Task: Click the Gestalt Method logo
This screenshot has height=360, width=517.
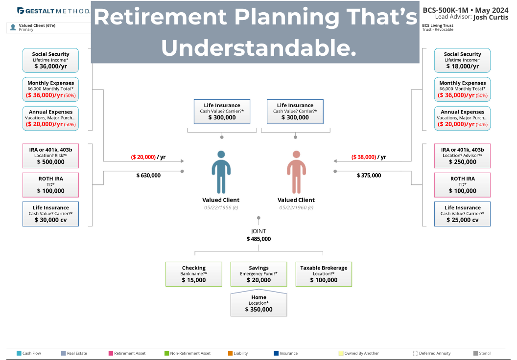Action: pyautogui.click(x=53, y=11)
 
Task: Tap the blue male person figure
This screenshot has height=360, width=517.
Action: pyautogui.click(x=221, y=172)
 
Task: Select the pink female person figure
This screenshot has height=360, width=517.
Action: pyautogui.click(x=296, y=172)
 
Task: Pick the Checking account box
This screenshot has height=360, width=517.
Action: pyautogui.click(x=194, y=274)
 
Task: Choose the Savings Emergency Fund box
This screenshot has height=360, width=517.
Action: pyautogui.click(x=258, y=274)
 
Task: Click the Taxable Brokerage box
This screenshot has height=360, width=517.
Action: pyautogui.click(x=324, y=274)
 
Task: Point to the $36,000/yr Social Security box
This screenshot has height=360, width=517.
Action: pyautogui.click(x=50, y=60)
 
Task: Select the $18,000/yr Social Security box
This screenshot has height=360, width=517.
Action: pyautogui.click(x=462, y=60)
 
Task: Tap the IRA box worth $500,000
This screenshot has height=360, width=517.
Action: pyautogui.click(x=50, y=156)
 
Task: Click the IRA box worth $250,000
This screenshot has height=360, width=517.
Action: pyautogui.click(x=462, y=156)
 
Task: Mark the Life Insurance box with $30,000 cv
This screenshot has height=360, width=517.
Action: pyautogui.click(x=50, y=214)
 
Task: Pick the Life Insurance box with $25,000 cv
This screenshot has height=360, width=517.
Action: pyautogui.click(x=462, y=214)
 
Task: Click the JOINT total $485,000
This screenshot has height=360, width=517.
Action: pyautogui.click(x=258, y=239)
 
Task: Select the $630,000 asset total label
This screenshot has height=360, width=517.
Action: pyautogui.click(x=148, y=175)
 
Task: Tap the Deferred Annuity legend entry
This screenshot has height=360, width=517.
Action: pyautogui.click(x=432, y=353)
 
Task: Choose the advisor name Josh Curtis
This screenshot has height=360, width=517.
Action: pyautogui.click(x=491, y=17)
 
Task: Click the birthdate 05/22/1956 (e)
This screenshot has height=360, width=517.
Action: pyautogui.click(x=221, y=207)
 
